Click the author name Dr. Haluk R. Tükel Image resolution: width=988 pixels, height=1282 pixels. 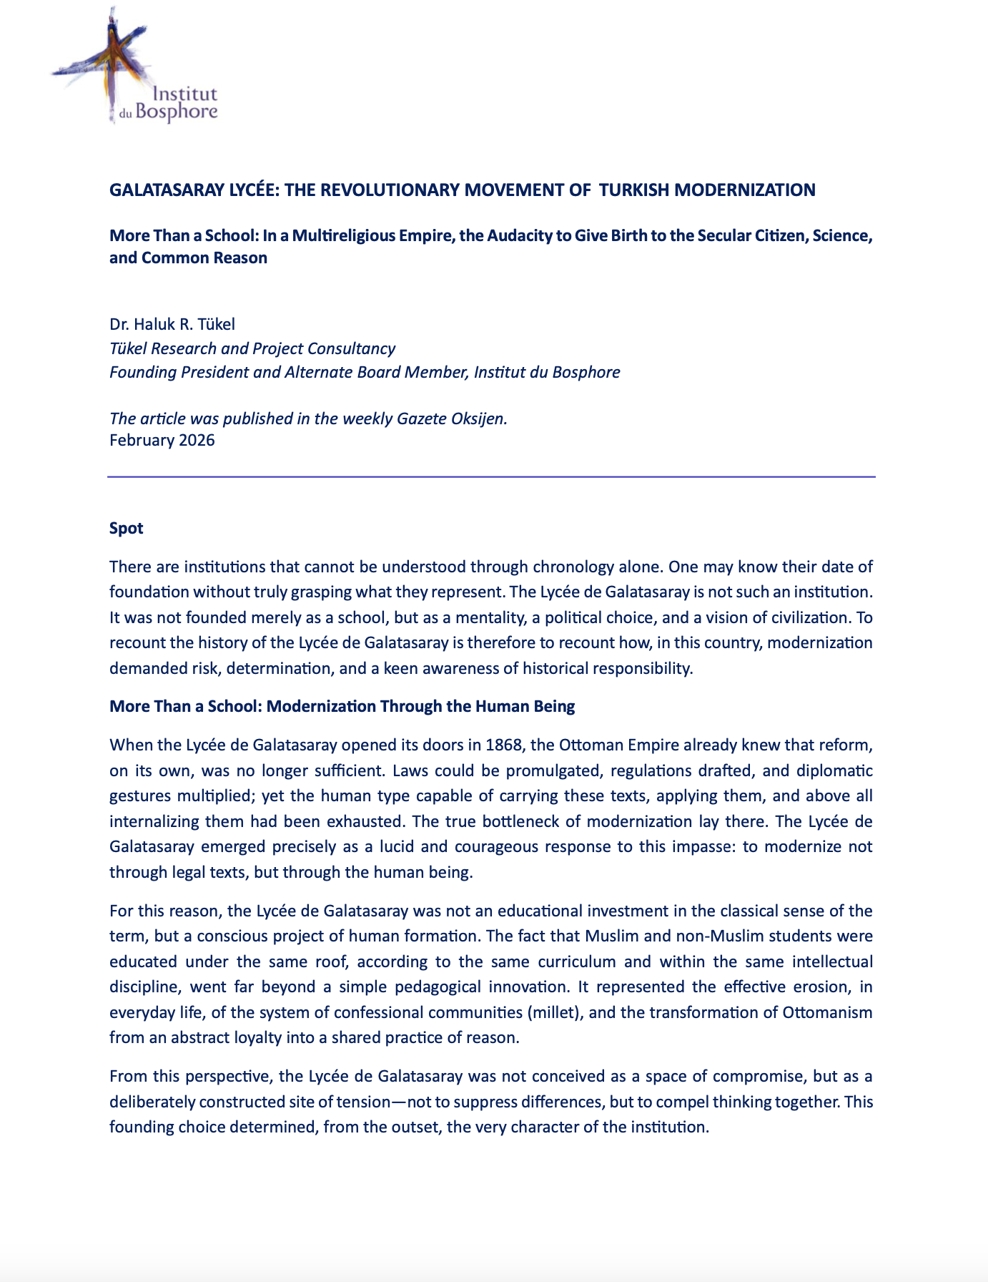point(172,324)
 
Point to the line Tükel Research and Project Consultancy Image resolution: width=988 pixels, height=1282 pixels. point(252,348)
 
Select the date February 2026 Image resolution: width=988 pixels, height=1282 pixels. point(162,440)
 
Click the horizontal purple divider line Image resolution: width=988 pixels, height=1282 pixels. point(491,476)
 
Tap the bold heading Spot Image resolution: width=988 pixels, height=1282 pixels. point(127,528)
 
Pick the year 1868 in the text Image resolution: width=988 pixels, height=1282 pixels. point(504,745)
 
